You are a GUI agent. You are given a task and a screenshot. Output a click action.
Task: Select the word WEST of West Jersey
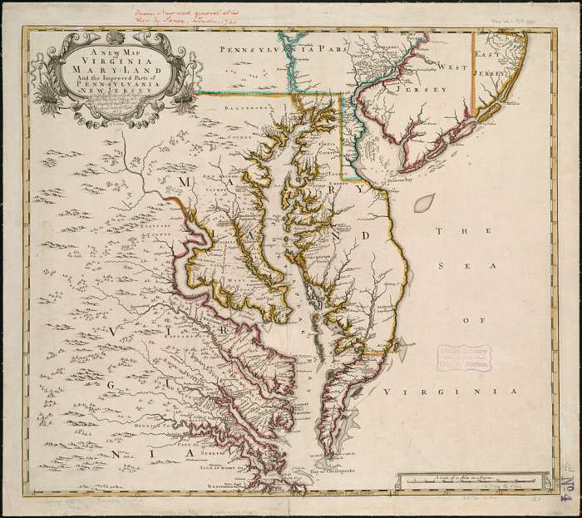tap(455, 66)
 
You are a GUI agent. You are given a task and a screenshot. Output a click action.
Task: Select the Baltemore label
tap(247, 106)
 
